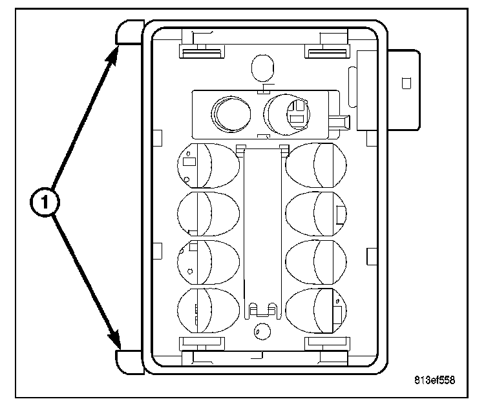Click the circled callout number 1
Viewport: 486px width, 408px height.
pyautogui.click(x=45, y=202)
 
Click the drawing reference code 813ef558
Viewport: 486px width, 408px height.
pyautogui.click(x=434, y=380)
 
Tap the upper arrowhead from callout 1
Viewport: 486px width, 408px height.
pyautogui.click(x=112, y=57)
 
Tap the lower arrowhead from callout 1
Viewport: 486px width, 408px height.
pyautogui.click(x=114, y=340)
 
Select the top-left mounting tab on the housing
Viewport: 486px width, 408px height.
pyautogui.click(x=130, y=32)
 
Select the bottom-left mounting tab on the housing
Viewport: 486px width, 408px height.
pyautogui.click(x=130, y=362)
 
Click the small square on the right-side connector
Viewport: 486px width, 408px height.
pyautogui.click(x=407, y=83)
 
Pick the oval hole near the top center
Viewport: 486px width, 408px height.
pyautogui.click(x=262, y=68)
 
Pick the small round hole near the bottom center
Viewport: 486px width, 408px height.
pyautogui.click(x=262, y=332)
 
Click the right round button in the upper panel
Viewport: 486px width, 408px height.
pyautogui.click(x=287, y=114)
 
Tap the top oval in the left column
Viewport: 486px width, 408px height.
pyautogui.click(x=208, y=166)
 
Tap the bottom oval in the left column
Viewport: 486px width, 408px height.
pyautogui.click(x=208, y=311)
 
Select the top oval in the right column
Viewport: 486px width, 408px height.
pyautogui.click(x=316, y=165)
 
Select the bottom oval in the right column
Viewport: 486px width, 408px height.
pyautogui.click(x=316, y=311)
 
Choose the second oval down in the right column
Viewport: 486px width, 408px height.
pyautogui.click(x=316, y=214)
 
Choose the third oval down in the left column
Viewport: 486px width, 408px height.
pyautogui.click(x=208, y=263)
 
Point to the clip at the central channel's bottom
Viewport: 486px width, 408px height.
pyautogui.click(x=263, y=310)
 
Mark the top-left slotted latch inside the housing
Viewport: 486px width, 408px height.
pyautogui.click(x=202, y=52)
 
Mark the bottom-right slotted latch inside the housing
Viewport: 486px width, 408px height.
pyautogui.click(x=328, y=343)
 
